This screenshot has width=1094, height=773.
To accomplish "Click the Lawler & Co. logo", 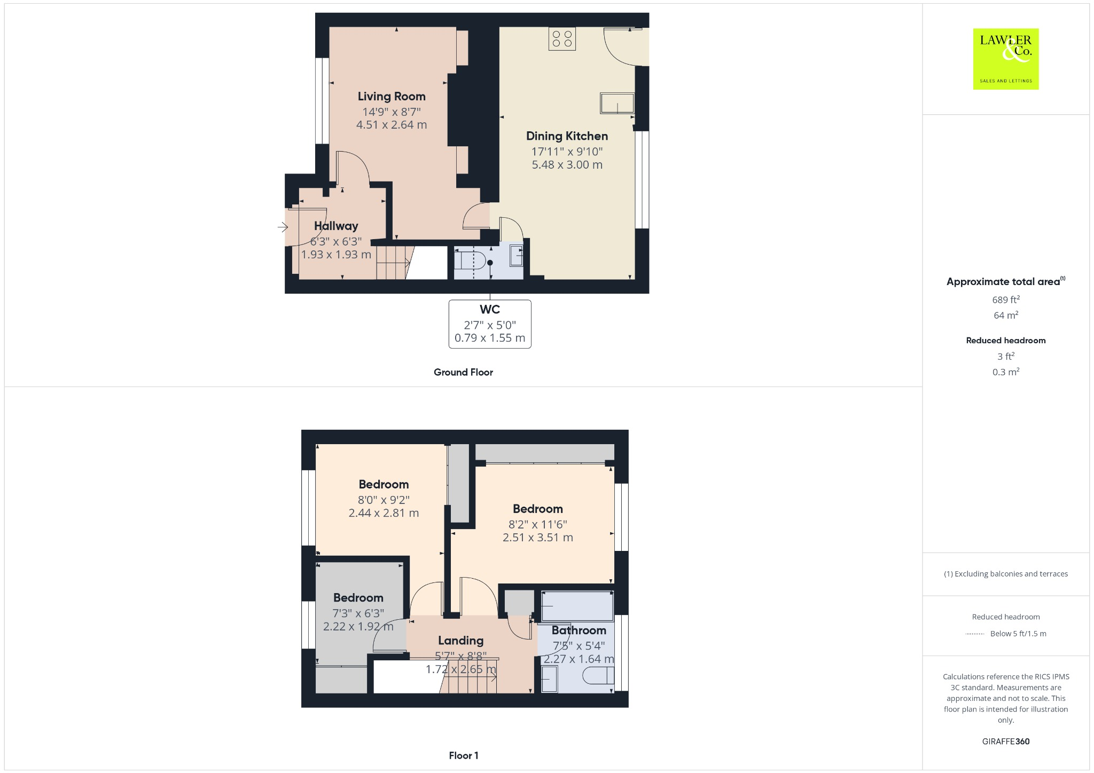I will (x=1005, y=59).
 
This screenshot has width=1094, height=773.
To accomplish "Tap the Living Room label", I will (x=392, y=97).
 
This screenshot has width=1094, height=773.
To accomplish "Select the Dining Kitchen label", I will (x=567, y=136).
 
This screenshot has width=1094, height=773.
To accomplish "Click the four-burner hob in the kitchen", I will (x=562, y=39).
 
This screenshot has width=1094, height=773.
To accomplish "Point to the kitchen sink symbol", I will (x=617, y=103).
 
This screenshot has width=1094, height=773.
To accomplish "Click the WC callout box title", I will (x=490, y=310).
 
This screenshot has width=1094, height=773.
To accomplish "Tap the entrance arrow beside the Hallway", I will (x=283, y=227).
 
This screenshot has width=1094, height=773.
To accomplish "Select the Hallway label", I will (x=336, y=226).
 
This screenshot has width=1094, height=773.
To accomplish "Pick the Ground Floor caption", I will (x=463, y=373).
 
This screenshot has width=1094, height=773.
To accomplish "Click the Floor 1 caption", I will (x=464, y=755).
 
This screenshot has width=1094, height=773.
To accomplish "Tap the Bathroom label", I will (x=579, y=630).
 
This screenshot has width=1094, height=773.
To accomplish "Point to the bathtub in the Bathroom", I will (x=577, y=606).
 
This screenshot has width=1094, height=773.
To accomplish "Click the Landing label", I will (x=460, y=641).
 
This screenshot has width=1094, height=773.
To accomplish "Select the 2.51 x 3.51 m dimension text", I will (x=537, y=538).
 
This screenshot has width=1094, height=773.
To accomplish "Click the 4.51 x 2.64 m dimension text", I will (x=392, y=125).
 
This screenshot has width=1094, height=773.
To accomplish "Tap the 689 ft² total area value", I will (x=1005, y=300).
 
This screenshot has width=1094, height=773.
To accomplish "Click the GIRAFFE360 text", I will (x=1005, y=742).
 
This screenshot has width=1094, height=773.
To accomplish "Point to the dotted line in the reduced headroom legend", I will (x=975, y=634).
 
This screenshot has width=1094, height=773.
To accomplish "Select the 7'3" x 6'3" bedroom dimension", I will (x=358, y=613).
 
